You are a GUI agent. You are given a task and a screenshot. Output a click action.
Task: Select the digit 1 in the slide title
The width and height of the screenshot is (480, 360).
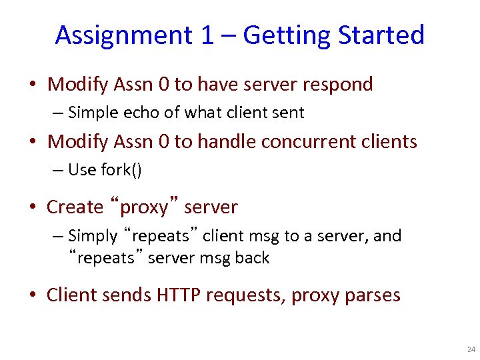[x=206, y=35]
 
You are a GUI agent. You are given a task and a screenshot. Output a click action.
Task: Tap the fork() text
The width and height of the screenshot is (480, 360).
[x=121, y=170]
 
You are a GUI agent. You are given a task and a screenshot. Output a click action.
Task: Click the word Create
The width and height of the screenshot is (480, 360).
[x=75, y=207]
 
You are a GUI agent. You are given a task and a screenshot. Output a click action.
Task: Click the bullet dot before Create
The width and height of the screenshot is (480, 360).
[x=33, y=208]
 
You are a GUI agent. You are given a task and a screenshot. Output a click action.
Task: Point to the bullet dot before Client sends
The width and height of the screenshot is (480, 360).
[x=33, y=295]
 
